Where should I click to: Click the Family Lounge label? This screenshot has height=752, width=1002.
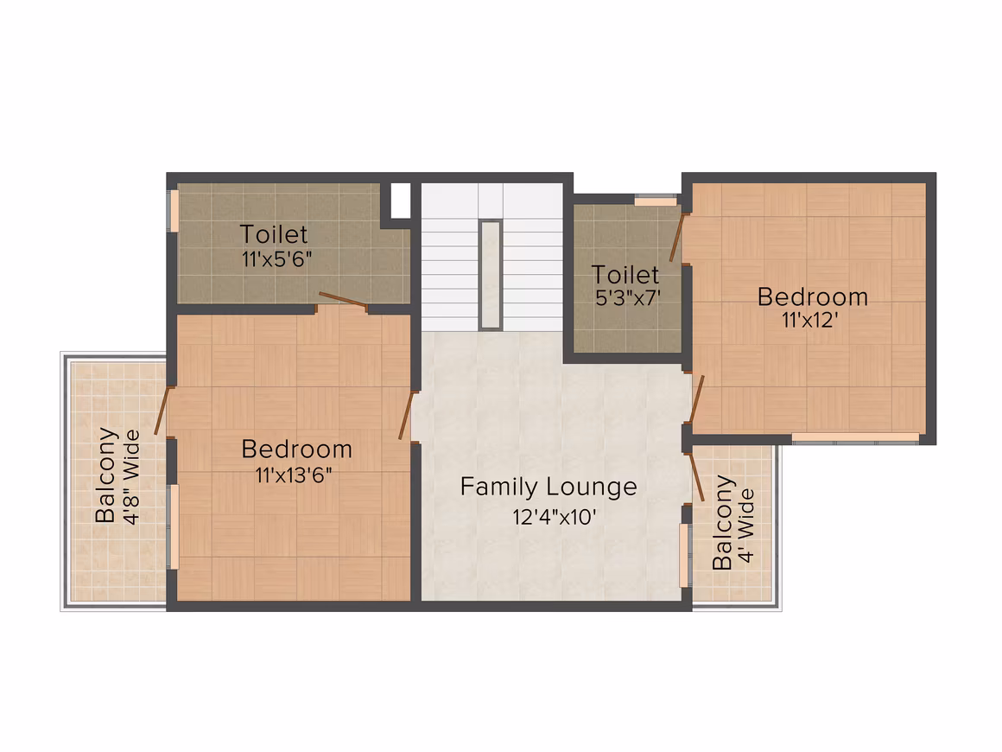549,488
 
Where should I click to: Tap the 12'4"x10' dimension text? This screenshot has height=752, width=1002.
554,517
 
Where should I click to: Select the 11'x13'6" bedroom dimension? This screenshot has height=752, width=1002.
294,475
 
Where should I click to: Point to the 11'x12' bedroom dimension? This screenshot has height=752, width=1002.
809,320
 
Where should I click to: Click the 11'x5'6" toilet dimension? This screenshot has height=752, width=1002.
276,259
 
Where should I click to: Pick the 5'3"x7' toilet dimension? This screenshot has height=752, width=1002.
627,298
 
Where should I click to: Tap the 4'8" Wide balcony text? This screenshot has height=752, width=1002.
131,477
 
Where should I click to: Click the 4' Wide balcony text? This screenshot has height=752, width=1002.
745,526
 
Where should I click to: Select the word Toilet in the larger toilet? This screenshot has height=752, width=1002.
274,235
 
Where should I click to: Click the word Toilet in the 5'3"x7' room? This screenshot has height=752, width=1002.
625,275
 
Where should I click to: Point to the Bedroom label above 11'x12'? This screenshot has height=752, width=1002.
812,296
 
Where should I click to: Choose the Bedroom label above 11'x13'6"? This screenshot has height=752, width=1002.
296,449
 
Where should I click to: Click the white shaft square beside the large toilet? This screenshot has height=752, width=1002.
400,201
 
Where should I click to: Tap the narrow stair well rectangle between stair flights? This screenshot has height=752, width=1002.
490,275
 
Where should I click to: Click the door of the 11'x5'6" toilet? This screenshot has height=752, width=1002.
343,301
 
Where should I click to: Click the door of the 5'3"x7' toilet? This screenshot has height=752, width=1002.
676,237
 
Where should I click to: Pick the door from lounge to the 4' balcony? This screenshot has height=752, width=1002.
696,477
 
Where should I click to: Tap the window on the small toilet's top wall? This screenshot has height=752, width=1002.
655,201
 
